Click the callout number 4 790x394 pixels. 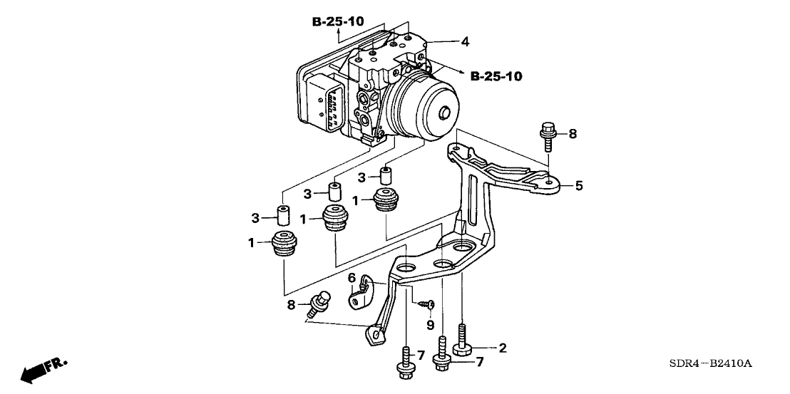pos(465,42)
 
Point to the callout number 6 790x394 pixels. pos(352,277)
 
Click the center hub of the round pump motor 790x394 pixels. pos(444,113)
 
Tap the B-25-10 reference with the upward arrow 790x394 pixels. pos(339,22)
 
